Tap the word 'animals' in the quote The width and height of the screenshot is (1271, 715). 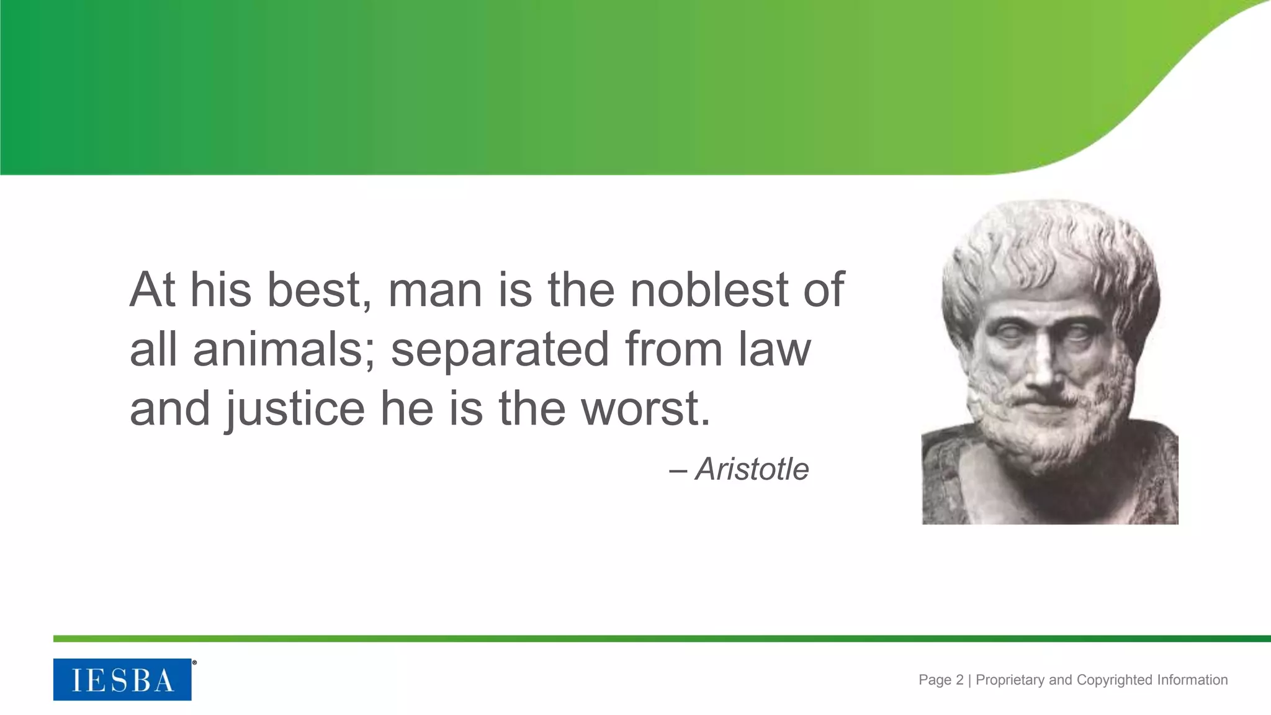coord(277,349)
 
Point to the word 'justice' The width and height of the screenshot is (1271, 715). coord(295,410)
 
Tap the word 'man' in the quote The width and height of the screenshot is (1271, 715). coord(435,291)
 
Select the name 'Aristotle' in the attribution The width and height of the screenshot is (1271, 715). coord(752,469)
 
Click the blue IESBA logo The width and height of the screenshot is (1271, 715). coord(122,680)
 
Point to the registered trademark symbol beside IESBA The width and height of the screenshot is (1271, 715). coord(194,663)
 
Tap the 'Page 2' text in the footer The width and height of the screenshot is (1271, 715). coord(941,680)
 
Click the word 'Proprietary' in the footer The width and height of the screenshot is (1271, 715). coord(1010,680)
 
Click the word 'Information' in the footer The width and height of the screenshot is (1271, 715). coord(1192,680)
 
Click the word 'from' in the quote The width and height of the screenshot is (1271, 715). coord(673,349)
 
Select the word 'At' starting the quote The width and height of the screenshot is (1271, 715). coord(152,290)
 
